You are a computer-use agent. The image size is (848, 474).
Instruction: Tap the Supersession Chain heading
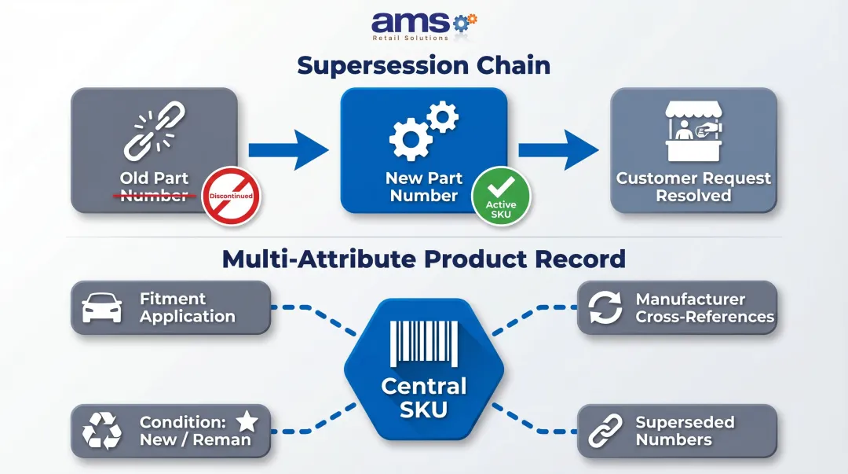[x=424, y=65]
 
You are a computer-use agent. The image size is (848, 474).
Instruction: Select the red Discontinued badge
[x=231, y=197]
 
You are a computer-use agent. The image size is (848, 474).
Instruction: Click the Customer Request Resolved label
[x=693, y=187]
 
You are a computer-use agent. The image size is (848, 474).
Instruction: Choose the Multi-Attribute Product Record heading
[x=424, y=259]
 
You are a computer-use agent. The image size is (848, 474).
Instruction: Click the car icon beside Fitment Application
[x=102, y=308]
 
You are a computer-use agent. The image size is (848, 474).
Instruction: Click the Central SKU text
[x=424, y=397]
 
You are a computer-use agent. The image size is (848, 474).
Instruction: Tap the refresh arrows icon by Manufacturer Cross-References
[x=605, y=308]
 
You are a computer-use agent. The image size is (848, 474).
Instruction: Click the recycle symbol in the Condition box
[x=102, y=431]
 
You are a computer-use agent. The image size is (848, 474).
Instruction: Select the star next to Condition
[x=247, y=422]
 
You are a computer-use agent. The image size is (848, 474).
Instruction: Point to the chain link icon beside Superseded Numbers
[x=605, y=431]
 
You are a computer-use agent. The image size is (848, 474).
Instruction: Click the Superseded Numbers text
[x=684, y=431]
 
